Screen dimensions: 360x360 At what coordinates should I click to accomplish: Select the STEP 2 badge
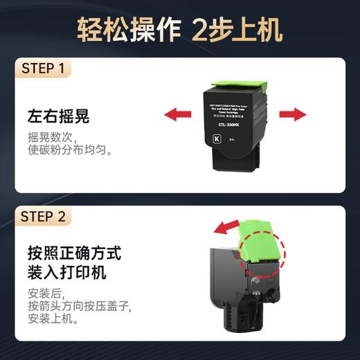43,217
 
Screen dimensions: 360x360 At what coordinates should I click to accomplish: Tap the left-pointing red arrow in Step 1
178,114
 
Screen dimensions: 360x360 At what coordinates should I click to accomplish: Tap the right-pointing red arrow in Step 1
292,114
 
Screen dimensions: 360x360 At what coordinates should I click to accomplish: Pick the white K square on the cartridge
215,140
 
